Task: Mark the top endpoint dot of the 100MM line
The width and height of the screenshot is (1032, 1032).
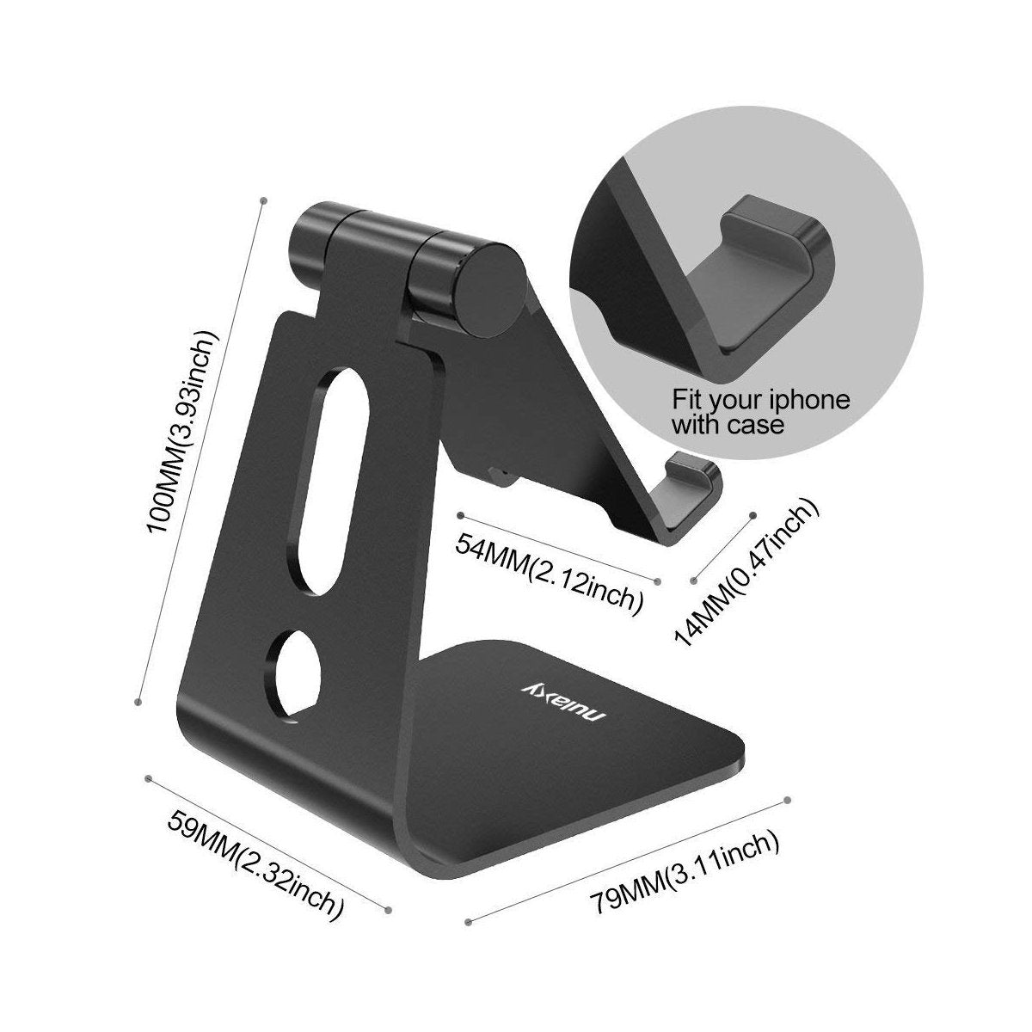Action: (261, 200)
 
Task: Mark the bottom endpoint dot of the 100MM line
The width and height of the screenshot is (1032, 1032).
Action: (138, 703)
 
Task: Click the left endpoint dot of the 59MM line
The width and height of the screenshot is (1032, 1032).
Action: (150, 778)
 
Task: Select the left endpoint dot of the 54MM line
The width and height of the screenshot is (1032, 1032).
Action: (461, 515)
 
